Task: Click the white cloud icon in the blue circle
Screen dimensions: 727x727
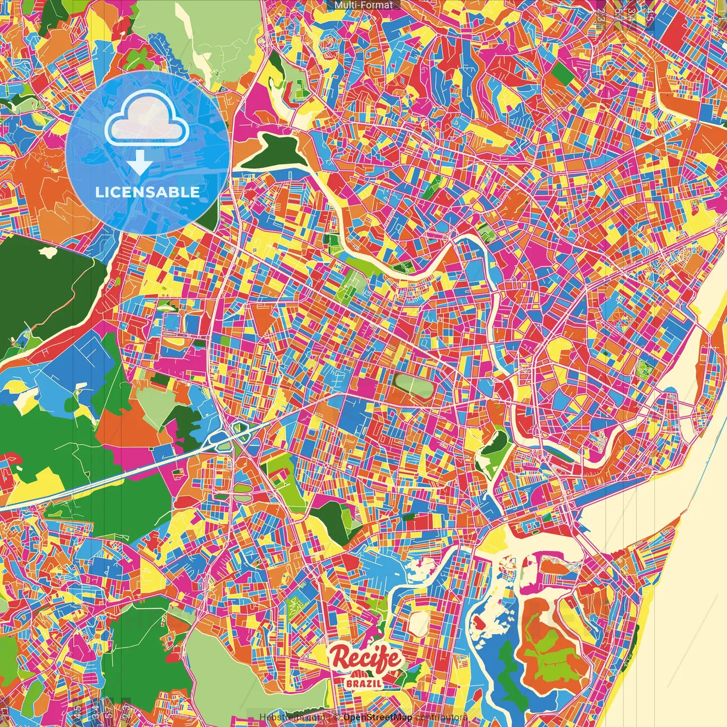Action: pos(147,120)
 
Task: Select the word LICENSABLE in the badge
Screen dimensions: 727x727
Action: pos(147,192)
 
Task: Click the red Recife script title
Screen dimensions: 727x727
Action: pos(366,659)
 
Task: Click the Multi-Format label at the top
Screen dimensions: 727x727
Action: pos(363,5)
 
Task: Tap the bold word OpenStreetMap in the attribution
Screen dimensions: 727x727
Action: pos(378,717)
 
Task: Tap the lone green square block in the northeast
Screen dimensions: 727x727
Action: pos(560,72)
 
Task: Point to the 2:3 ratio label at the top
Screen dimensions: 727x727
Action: pos(601,15)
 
